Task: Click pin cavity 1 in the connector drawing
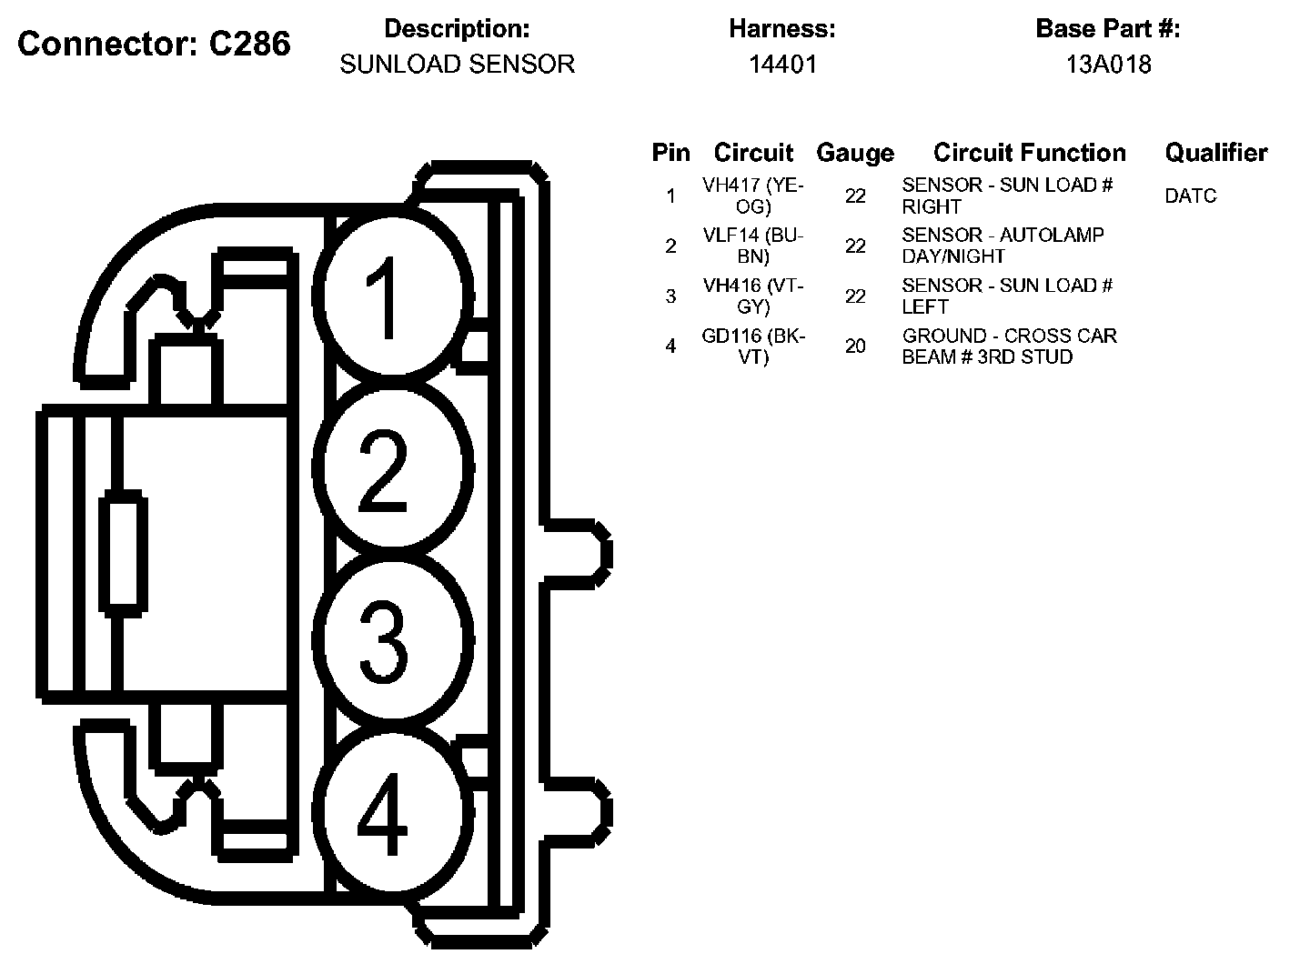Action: coord(393,296)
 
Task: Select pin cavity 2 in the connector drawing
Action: coord(393,468)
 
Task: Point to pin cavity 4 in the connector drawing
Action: coord(393,814)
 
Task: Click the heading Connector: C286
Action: coord(154,44)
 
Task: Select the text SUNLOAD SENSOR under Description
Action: coord(457,65)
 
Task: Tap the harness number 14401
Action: coord(782,65)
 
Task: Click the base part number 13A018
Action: coord(1108,65)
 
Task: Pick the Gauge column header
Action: coord(854,153)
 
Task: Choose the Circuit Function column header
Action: coord(1029,153)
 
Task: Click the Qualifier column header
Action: coord(1215,153)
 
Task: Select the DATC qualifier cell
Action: coord(1190,196)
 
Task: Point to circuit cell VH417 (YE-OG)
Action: coord(753,196)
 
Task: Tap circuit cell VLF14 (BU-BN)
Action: coord(753,246)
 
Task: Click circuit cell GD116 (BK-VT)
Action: coord(753,346)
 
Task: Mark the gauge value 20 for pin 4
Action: coord(855,346)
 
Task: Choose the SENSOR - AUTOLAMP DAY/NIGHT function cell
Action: coord(1003,246)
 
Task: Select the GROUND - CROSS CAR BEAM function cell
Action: coord(1009,346)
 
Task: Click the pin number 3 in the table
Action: coord(670,296)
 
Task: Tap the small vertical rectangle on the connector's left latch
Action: coord(122,551)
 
